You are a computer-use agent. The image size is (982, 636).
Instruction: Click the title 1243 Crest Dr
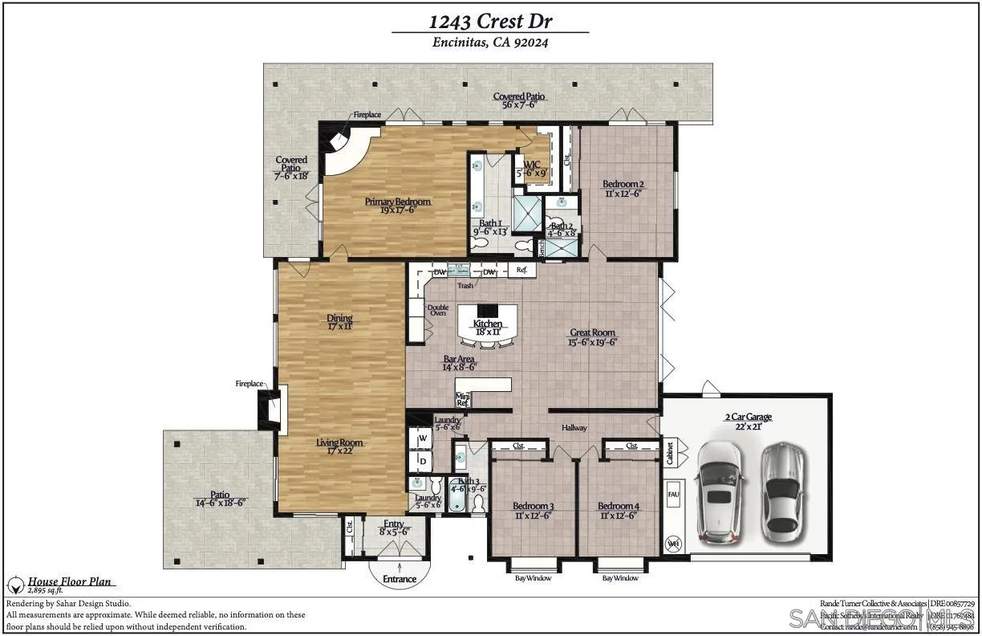[x=489, y=20]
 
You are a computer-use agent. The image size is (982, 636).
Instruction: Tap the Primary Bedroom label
[x=398, y=202]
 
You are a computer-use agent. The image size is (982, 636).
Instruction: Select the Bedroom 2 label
[x=623, y=184]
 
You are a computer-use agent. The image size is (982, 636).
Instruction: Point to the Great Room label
[x=592, y=332]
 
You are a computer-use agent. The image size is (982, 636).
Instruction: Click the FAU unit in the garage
[x=673, y=495]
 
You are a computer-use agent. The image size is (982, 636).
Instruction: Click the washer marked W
[x=422, y=439]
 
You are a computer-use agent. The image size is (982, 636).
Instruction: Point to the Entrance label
[x=400, y=579]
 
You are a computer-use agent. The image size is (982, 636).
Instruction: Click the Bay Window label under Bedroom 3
[x=533, y=578]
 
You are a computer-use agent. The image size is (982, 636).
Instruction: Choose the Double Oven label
[x=438, y=310]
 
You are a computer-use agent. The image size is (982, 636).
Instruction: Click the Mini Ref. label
[x=463, y=399]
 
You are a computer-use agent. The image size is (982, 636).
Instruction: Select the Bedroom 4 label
[x=619, y=507]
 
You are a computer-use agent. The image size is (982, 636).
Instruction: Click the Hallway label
[x=574, y=428]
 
